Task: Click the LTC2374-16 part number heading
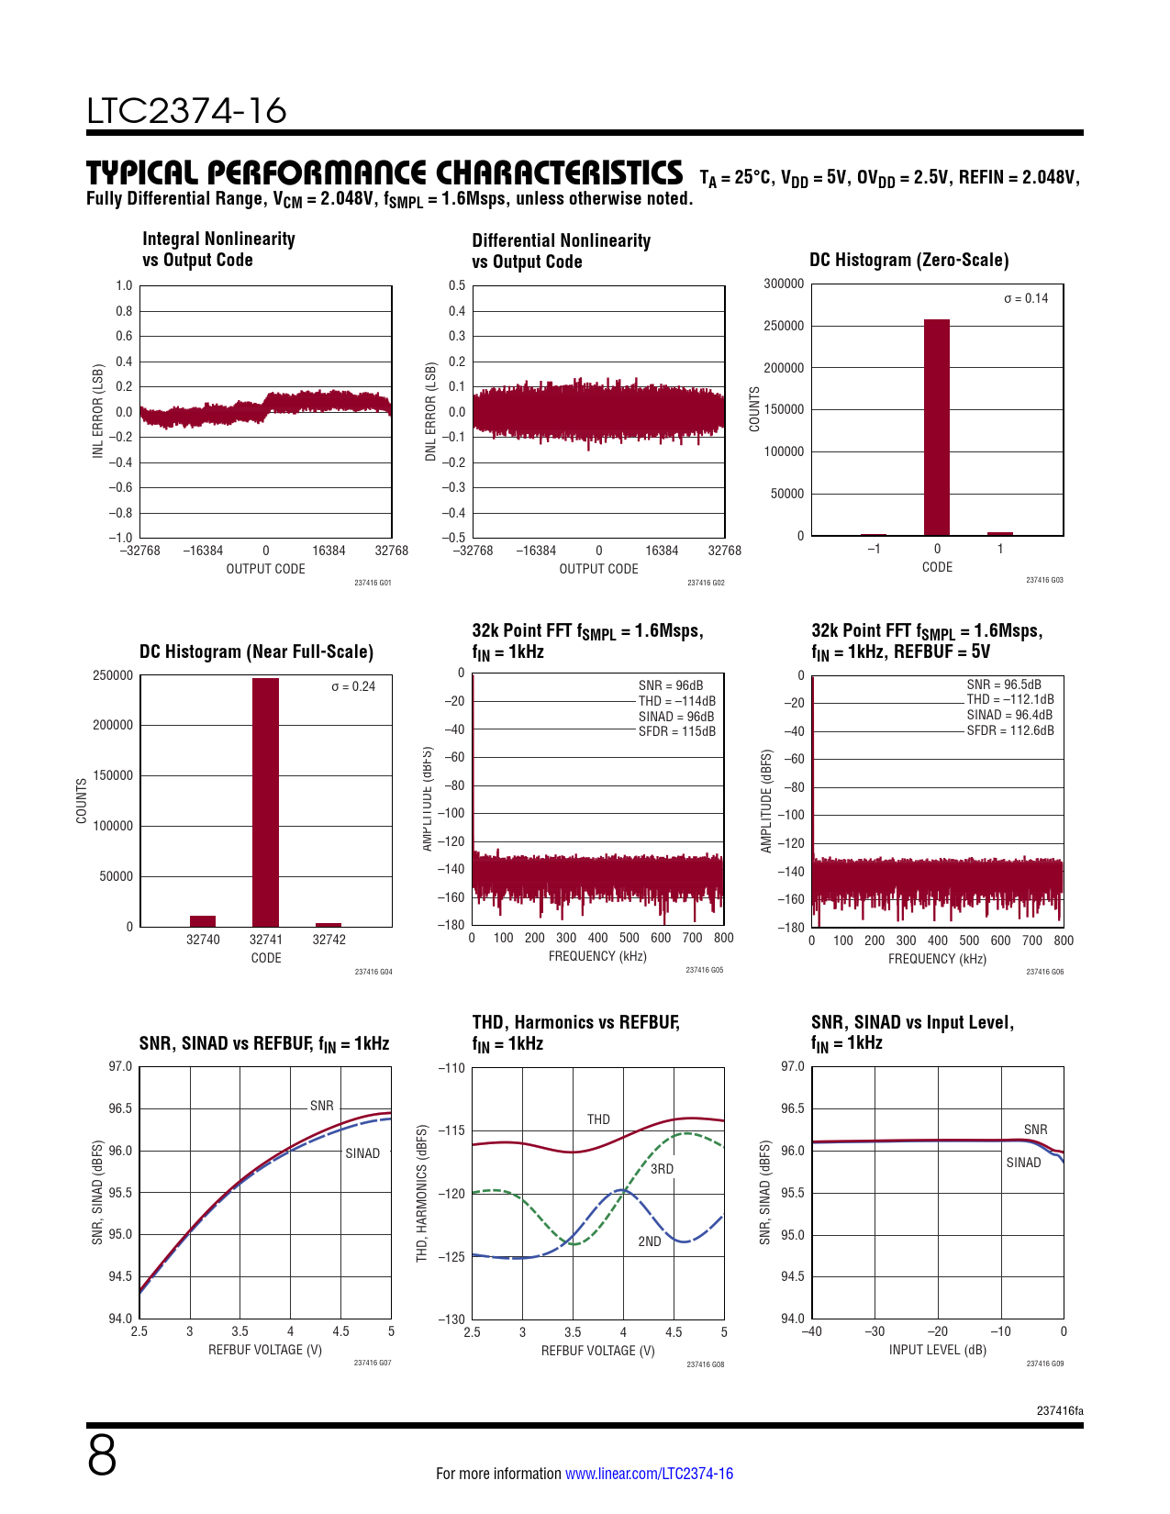pos(186,110)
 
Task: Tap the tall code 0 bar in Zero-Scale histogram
pos(936,427)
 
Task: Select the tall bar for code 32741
pos(265,802)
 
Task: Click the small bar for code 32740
pos(203,921)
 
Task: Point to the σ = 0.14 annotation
pos(1025,298)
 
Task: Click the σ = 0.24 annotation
pos(353,686)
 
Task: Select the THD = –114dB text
pos(676,701)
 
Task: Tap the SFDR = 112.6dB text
pos(1009,730)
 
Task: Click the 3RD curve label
pos(662,1169)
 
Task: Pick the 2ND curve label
pos(650,1241)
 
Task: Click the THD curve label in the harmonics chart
pos(598,1119)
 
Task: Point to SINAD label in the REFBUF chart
pos(362,1153)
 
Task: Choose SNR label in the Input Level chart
pos(1035,1130)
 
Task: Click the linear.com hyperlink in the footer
pos(649,1474)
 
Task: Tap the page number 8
pos(102,1455)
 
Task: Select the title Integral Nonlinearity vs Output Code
pos(218,250)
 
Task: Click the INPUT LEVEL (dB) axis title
pos(937,1350)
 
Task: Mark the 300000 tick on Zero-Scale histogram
pos(784,284)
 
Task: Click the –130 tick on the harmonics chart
pos(451,1319)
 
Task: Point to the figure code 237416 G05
pos(704,970)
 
